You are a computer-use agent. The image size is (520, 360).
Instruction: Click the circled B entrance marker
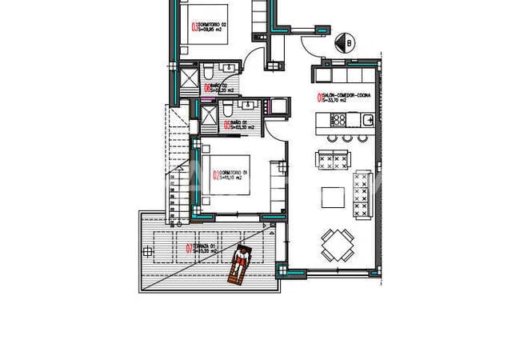346,42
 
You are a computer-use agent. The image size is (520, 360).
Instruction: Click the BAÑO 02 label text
217,89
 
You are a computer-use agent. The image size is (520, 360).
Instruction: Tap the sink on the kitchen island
367,120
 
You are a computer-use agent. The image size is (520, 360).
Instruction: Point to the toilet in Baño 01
228,108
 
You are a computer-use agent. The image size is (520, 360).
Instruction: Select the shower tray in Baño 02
190,79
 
